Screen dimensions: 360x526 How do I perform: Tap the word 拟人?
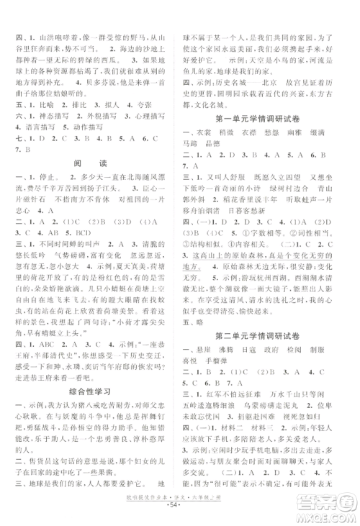(x=117, y=106)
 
